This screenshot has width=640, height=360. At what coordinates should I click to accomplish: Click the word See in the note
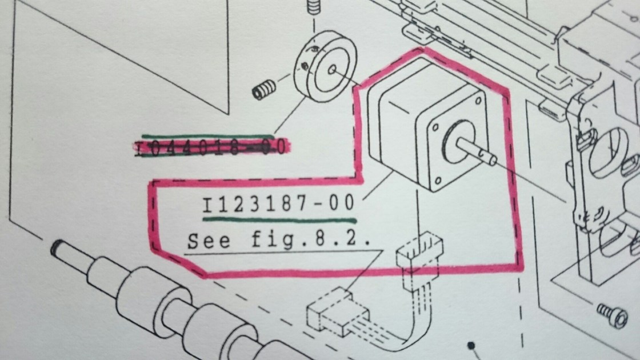coord(208,240)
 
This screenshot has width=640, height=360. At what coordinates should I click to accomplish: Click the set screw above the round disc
coord(313,9)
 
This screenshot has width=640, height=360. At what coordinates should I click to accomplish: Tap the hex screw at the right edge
coord(612,314)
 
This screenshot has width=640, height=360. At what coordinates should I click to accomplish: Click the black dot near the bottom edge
coord(472,346)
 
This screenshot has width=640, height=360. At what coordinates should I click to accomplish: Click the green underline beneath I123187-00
coord(279,218)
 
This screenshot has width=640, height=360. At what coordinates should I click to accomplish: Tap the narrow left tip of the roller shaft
coord(57,247)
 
